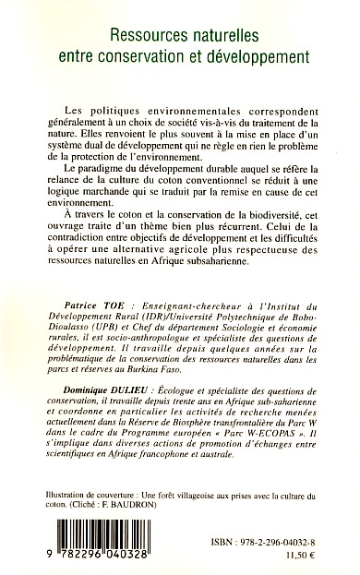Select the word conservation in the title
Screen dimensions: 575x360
pyautogui.click(x=160, y=55)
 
